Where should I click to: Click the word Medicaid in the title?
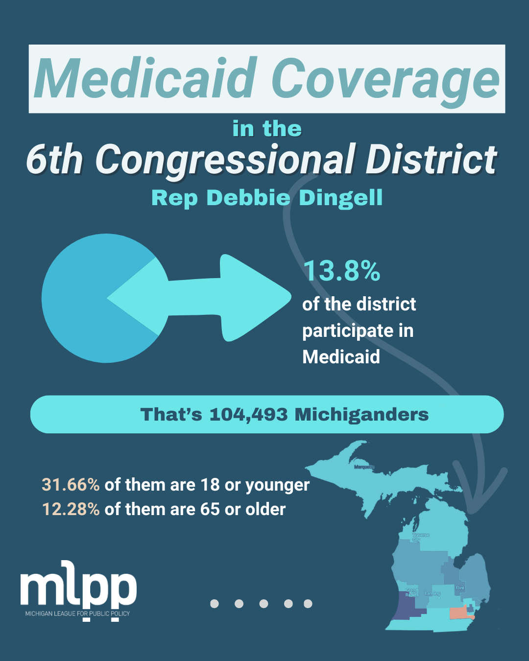tap(145, 78)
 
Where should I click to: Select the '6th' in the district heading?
tap(54, 160)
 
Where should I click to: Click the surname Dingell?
tap(340, 198)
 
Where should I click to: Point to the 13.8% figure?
tap(341, 271)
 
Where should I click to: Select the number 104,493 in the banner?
tap(248, 415)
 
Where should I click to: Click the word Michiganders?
tap(361, 415)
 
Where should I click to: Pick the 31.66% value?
tap(71, 485)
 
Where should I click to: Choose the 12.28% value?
tap(71, 509)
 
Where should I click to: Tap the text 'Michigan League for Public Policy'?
tap(78, 614)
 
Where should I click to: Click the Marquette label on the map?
tap(363, 467)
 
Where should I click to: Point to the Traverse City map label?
tap(420, 537)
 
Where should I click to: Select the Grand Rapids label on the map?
tap(411, 592)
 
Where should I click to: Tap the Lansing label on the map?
tap(432, 593)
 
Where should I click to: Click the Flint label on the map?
tap(459, 588)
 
